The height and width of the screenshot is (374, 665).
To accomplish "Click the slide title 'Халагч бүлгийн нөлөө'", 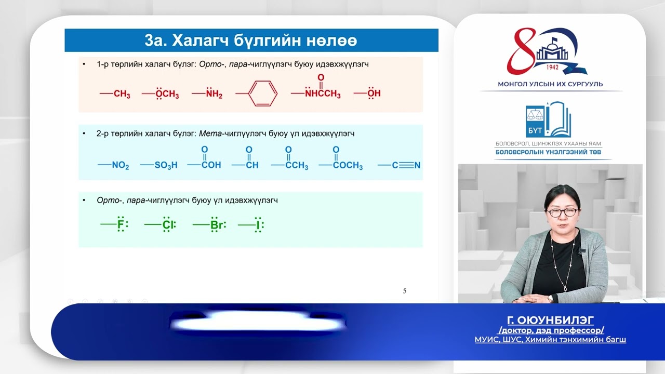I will coord(250,41).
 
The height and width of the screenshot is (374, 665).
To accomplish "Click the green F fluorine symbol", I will coord(121,225).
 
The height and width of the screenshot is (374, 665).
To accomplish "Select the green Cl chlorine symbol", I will coord(167,225).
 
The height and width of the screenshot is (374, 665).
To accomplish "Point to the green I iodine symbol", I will coord(257,225).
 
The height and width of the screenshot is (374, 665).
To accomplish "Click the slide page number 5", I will coord(405,291).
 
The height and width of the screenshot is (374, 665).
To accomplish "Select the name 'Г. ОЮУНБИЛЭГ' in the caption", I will coord(550,319).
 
